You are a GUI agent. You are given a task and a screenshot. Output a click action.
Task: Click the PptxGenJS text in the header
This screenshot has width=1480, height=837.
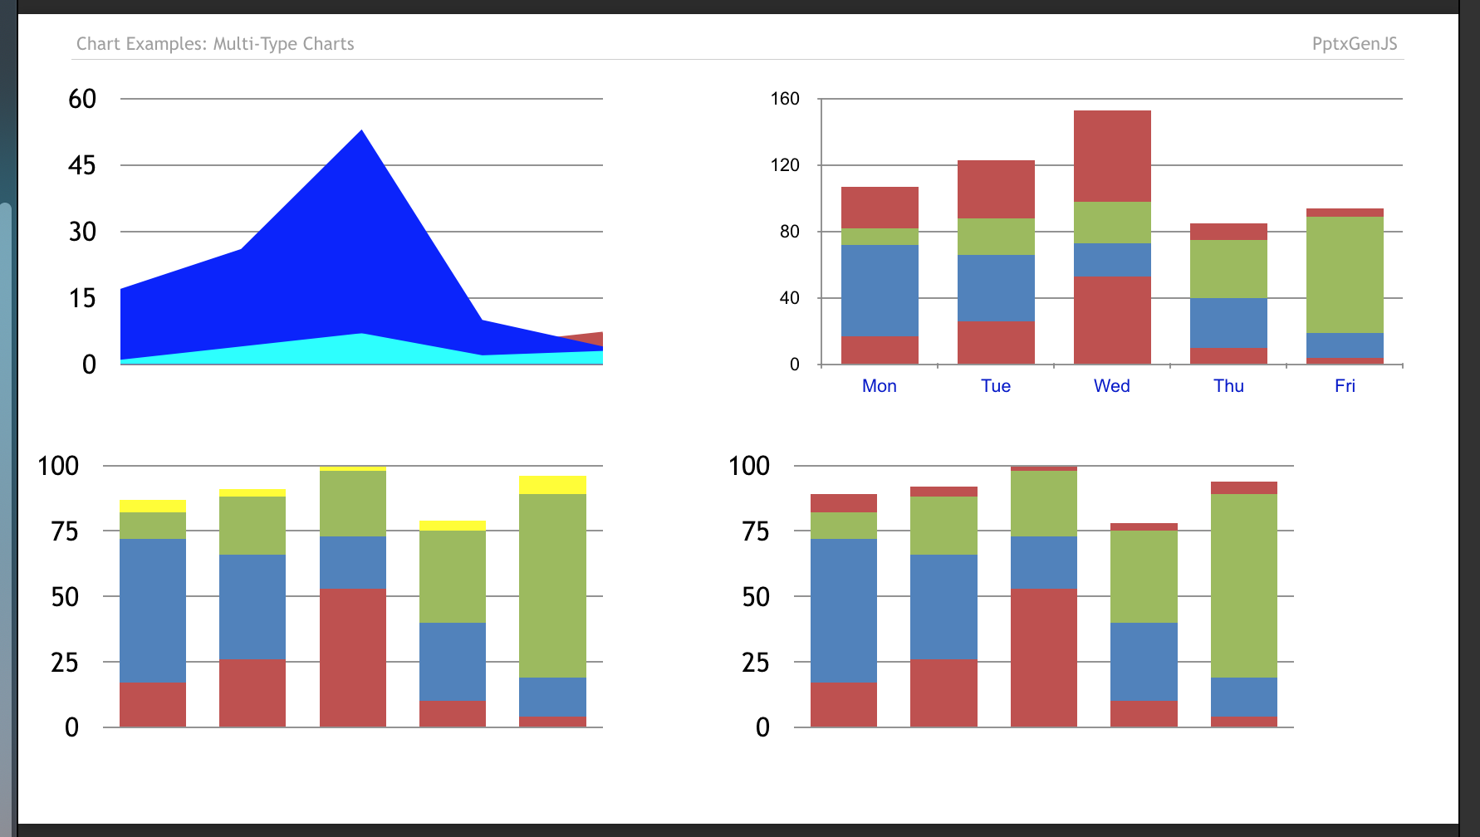pyautogui.click(x=1354, y=44)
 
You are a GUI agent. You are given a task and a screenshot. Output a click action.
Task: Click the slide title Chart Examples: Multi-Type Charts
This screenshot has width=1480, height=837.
pyautogui.click(x=215, y=44)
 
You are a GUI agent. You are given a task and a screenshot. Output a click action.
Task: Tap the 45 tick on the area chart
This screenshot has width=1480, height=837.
pyautogui.click(x=82, y=165)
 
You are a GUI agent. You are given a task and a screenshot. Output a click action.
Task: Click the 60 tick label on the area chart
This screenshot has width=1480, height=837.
pyautogui.click(x=82, y=99)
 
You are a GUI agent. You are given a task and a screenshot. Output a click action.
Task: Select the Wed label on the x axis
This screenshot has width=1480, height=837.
pyautogui.click(x=1111, y=386)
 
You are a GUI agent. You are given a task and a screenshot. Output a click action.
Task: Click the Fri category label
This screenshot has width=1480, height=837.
pyautogui.click(x=1345, y=386)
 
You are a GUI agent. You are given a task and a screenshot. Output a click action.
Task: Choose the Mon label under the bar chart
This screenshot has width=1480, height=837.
pyautogui.click(x=879, y=386)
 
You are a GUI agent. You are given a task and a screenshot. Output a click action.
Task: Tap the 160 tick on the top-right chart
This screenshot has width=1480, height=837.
pyautogui.click(x=785, y=99)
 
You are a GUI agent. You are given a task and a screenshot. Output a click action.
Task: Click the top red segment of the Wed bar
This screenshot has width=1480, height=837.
pyautogui.click(x=1112, y=156)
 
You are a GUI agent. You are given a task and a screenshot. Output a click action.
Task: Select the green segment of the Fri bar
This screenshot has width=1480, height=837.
pyautogui.click(x=1345, y=274)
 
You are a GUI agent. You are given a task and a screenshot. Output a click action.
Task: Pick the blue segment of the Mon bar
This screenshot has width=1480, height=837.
pyautogui.click(x=880, y=291)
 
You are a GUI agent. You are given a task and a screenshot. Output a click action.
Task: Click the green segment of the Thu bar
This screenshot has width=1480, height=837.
pyautogui.click(x=1228, y=269)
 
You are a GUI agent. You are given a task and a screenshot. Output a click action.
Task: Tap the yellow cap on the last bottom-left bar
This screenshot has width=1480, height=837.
pyautogui.click(x=552, y=485)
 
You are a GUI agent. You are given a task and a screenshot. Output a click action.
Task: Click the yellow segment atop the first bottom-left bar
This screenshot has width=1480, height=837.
pyautogui.click(x=153, y=506)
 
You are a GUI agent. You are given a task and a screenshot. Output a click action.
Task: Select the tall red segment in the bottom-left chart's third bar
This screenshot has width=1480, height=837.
pyautogui.click(x=353, y=658)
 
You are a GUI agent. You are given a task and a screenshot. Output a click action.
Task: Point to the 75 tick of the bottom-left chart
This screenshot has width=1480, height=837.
pyautogui.click(x=64, y=531)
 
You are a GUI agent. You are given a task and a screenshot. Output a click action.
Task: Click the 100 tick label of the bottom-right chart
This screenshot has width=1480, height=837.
pyautogui.click(x=748, y=466)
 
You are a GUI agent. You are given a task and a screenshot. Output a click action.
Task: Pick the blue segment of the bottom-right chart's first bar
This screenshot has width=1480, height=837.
pyautogui.click(x=844, y=610)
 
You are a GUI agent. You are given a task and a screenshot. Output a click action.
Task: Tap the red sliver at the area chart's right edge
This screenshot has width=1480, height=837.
pyautogui.click(x=591, y=338)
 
